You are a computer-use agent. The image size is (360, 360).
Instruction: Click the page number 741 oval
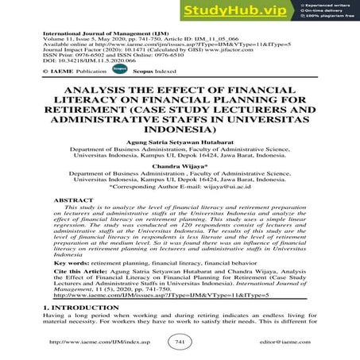click(180, 342)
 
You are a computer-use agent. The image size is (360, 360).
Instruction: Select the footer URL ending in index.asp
click(90, 342)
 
